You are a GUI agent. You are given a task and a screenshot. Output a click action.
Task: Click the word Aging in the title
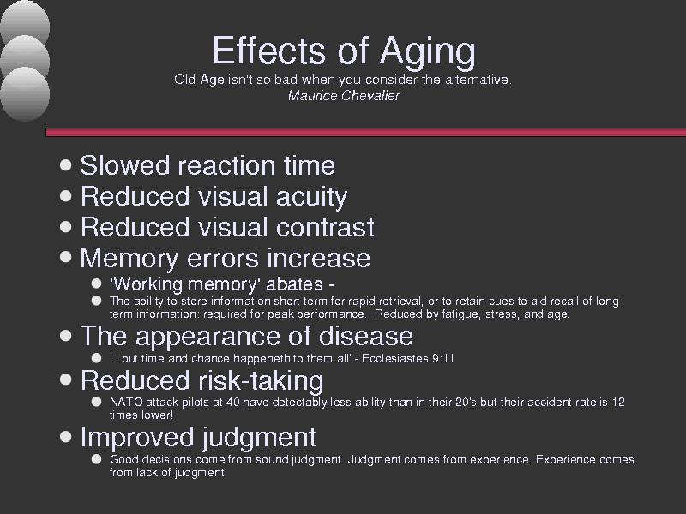click(x=427, y=52)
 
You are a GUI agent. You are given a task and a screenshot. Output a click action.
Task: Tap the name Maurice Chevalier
click(x=344, y=96)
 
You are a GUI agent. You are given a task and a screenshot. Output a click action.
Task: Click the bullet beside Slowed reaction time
click(x=66, y=164)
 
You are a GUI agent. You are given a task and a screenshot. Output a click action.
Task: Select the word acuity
click(x=311, y=197)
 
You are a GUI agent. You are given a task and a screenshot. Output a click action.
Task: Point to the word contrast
click(x=325, y=227)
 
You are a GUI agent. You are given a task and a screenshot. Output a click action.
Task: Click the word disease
click(x=366, y=336)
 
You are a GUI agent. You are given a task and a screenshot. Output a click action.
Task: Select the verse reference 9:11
click(x=443, y=358)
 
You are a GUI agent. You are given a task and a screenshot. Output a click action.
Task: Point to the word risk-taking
click(x=262, y=380)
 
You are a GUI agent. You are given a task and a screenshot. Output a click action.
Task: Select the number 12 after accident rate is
click(x=617, y=402)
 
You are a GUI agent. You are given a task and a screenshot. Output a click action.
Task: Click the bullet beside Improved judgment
click(x=66, y=437)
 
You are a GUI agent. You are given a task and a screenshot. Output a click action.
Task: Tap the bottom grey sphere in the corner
click(x=25, y=94)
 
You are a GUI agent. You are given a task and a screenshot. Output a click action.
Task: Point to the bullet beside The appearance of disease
click(x=66, y=335)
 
